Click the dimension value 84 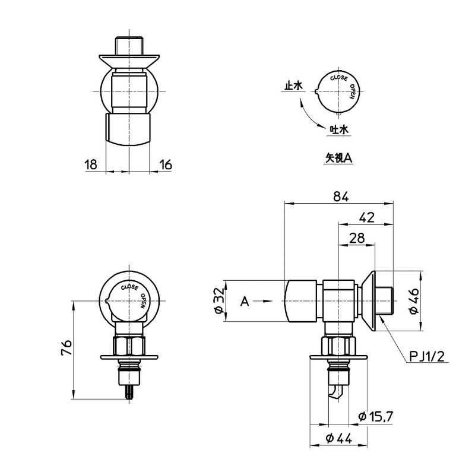point(341,197)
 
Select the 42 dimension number point(367,217)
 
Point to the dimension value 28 point(357,238)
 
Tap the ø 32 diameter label point(219,300)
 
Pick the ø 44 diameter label point(338,438)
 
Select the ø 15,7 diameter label point(376,417)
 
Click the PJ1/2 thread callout point(427,357)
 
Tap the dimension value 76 point(66,347)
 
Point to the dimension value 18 point(91,164)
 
